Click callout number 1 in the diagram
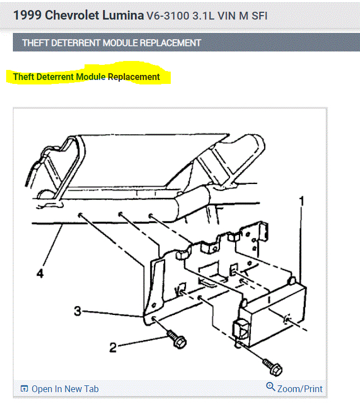point(302,201)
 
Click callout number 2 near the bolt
point(113,347)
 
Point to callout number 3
point(78,311)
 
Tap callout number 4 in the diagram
point(40,274)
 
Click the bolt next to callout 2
point(176,339)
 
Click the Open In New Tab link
point(65,389)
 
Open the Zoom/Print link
point(300,389)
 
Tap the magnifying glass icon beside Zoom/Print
point(270,387)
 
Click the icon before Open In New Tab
point(24,389)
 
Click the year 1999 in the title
point(27,15)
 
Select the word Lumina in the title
point(123,15)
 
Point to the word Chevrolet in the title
point(72,15)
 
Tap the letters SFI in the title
point(259,16)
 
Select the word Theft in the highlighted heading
point(24,77)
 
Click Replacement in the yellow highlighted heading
point(134,77)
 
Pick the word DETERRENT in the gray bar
point(76,43)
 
